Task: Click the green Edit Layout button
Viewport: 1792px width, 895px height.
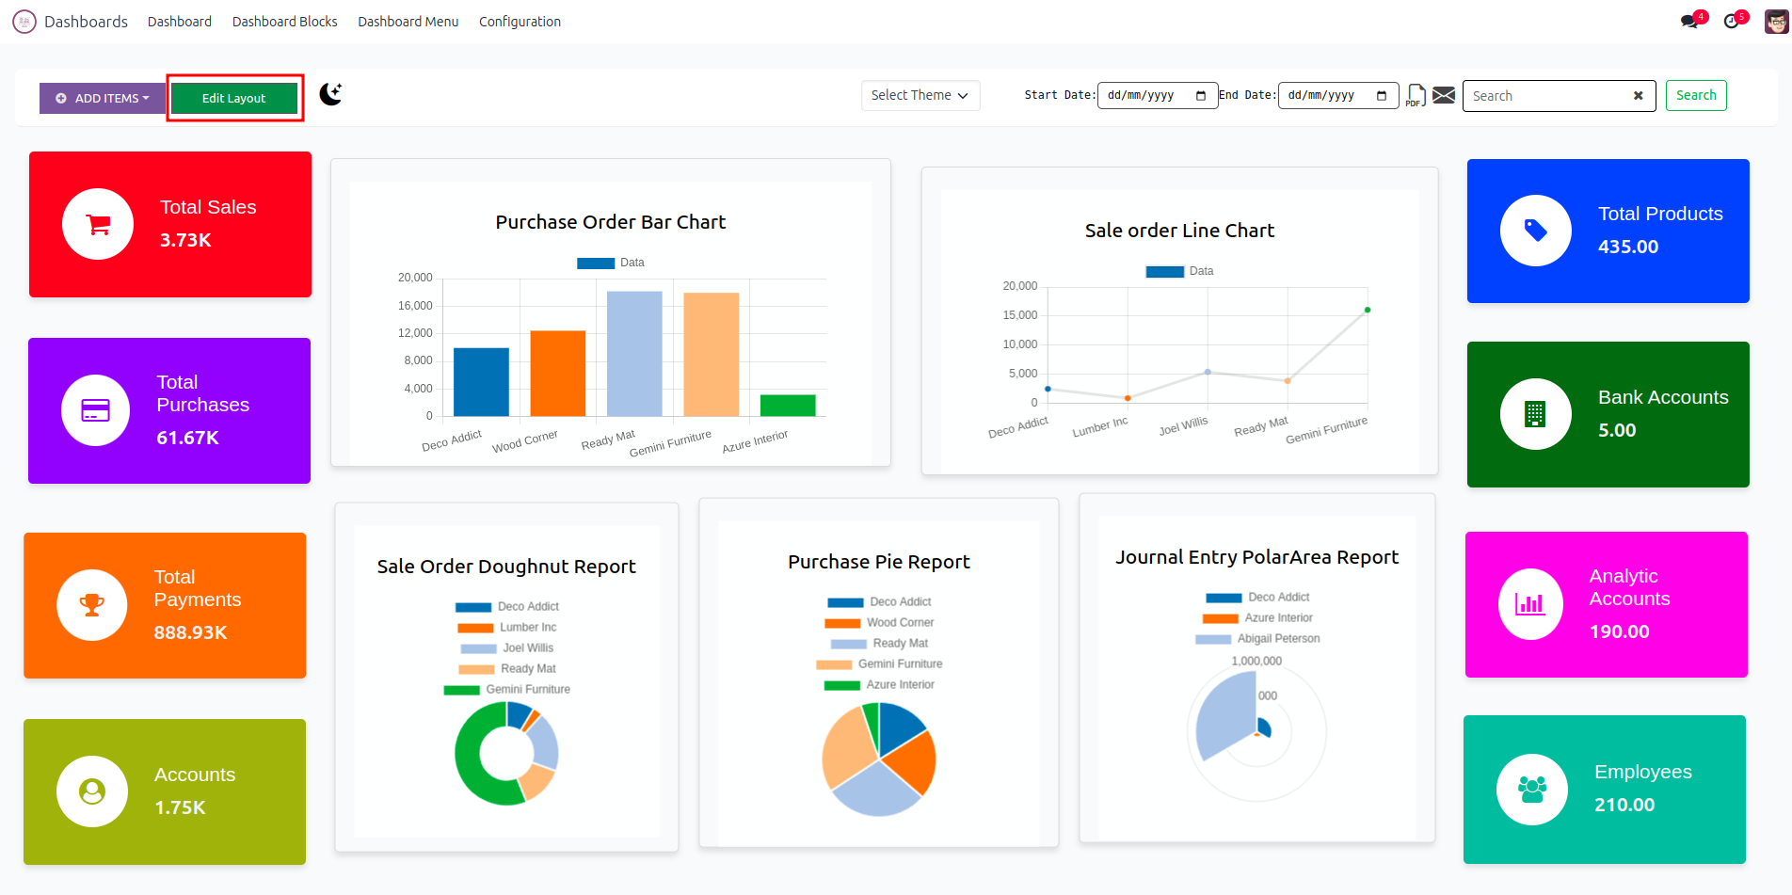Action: pyautogui.click(x=234, y=98)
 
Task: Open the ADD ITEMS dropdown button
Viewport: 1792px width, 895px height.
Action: pyautogui.click(x=103, y=98)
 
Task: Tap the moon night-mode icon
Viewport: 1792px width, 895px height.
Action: pyautogui.click(x=330, y=94)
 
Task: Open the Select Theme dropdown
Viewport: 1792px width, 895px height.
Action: pyautogui.click(x=920, y=95)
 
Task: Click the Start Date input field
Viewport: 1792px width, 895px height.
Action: pyautogui.click(x=1157, y=95)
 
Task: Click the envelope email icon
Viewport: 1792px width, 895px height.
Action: pyautogui.click(x=1444, y=95)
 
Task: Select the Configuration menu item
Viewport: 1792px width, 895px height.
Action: pyautogui.click(x=520, y=22)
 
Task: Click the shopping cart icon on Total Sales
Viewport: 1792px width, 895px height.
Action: pyautogui.click(x=98, y=224)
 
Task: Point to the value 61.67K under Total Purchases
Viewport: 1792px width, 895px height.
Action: pyautogui.click(x=187, y=438)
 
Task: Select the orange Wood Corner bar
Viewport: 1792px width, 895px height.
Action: pyautogui.click(x=557, y=373)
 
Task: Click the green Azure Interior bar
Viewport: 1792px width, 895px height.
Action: pyautogui.click(x=788, y=405)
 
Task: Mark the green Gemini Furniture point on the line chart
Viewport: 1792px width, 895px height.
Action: pyautogui.click(x=1368, y=310)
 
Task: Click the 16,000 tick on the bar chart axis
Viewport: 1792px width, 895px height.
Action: pyautogui.click(x=415, y=306)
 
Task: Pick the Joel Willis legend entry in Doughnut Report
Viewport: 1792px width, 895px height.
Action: pyautogui.click(x=527, y=647)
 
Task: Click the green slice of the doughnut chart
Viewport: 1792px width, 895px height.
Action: pyautogui.click(x=475, y=772)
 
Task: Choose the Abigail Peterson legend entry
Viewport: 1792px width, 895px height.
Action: pyautogui.click(x=1277, y=638)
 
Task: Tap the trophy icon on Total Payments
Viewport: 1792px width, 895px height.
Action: pyautogui.click(x=92, y=605)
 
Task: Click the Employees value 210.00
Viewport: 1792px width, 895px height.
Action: pyautogui.click(x=1624, y=805)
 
